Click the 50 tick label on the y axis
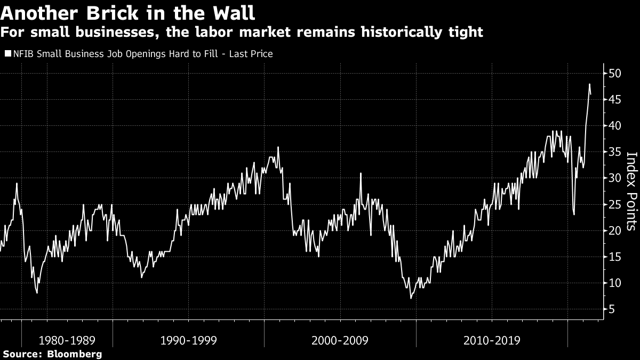pos(615,73)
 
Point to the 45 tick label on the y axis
pos(615,100)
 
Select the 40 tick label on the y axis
pos(615,126)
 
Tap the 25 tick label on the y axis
pos(615,204)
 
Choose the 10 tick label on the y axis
pos(615,283)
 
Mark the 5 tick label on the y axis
pos(612,309)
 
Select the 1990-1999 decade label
pos(188,340)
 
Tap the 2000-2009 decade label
pos(340,340)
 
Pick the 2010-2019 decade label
pos(492,340)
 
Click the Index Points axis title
pos(631,191)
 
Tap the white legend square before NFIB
pos(7,54)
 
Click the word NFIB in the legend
pos(22,54)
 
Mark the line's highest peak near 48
pos(589,84)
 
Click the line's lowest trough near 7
pos(411,298)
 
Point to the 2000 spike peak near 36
pos(278,147)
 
